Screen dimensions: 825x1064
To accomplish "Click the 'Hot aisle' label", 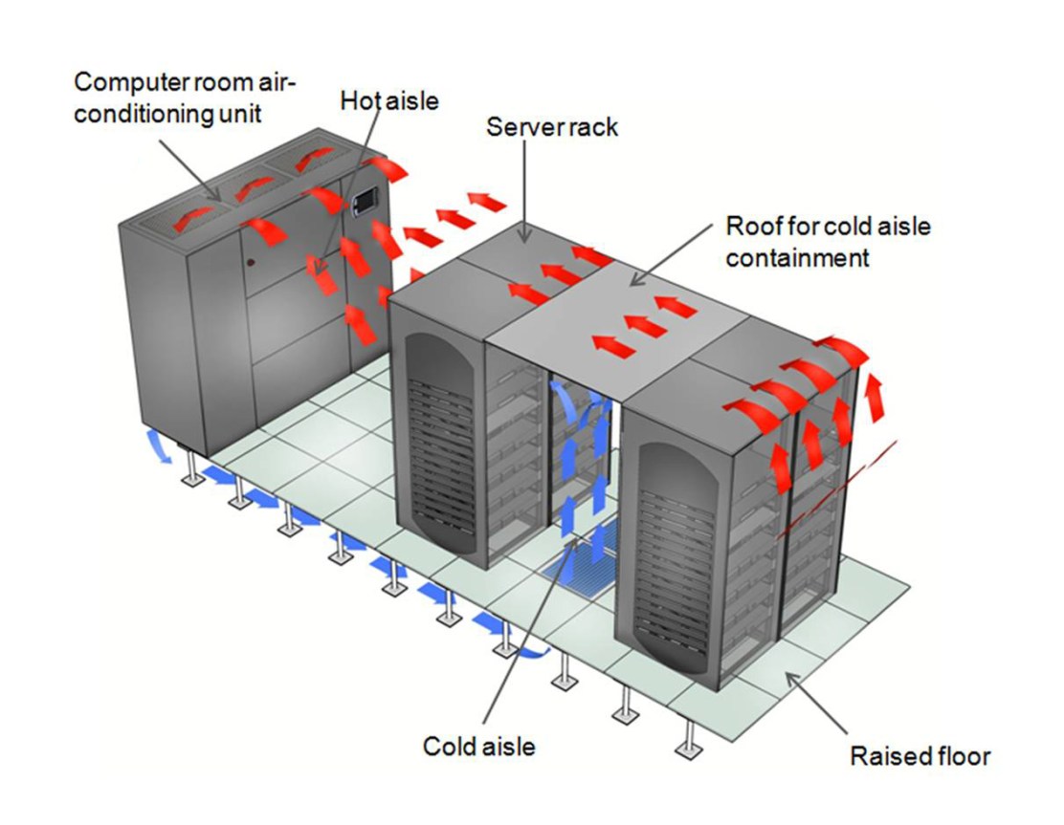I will [389, 99].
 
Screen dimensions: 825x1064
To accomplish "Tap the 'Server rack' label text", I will [552, 126].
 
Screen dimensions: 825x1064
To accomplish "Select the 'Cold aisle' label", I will [479, 746].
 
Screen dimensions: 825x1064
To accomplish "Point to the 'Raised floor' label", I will [920, 757].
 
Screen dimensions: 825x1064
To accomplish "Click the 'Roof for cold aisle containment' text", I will [828, 242].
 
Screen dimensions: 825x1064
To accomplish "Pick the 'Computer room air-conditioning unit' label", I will [186, 98].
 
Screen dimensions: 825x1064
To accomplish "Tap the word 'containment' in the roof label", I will [797, 257].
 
